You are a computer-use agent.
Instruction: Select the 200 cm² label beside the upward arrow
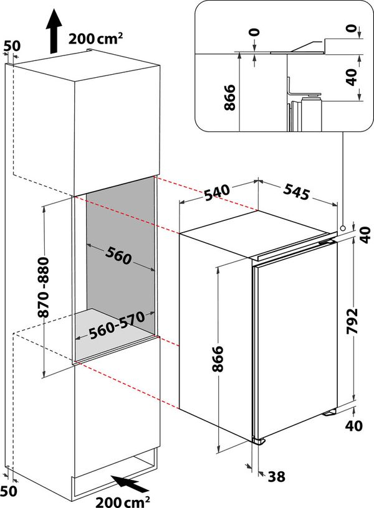[95, 38]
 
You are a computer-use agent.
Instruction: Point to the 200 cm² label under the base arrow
[122, 500]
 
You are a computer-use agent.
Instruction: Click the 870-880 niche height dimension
[44, 287]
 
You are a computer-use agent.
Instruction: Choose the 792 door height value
[353, 321]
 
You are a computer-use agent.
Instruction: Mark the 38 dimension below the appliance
[277, 476]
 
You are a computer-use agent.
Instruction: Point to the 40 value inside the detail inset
[352, 78]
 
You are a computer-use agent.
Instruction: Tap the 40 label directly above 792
[365, 235]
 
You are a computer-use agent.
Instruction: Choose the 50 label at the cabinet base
[9, 491]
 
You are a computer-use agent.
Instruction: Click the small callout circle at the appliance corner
[343, 228]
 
